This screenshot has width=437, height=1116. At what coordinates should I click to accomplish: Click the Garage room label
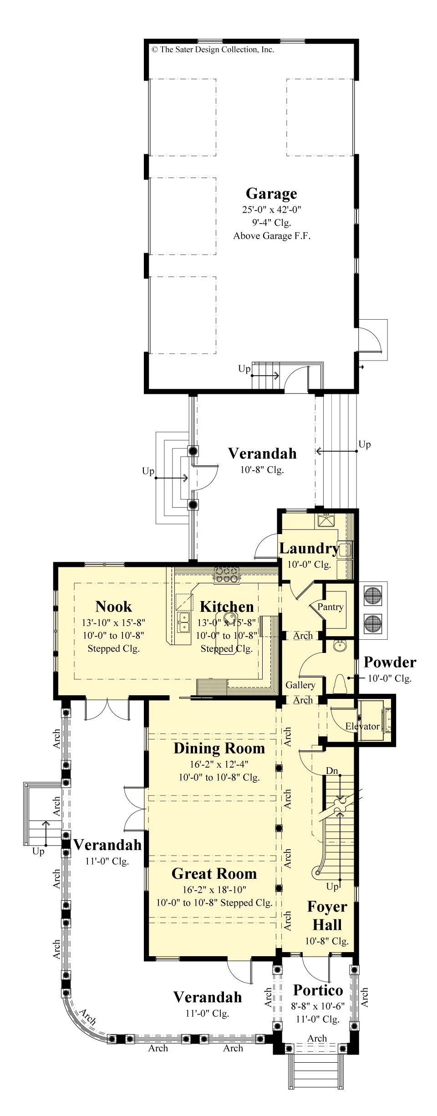coord(271,194)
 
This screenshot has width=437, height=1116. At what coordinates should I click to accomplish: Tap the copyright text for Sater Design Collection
coord(213,50)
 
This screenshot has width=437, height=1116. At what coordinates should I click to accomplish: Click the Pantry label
coord(330,606)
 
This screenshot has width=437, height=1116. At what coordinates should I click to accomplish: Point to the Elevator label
coord(362,726)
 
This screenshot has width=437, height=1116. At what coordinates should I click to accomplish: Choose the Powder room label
coord(390,662)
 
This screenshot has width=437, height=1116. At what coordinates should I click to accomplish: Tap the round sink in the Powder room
coord(339,646)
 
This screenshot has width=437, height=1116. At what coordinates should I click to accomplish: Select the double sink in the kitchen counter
coord(183,622)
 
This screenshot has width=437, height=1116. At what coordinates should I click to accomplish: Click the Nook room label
coord(114,606)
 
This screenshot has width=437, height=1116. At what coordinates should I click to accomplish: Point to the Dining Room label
coord(219,748)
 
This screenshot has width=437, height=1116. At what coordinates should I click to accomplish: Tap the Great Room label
coord(214,873)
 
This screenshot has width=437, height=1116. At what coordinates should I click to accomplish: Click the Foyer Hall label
coord(327,915)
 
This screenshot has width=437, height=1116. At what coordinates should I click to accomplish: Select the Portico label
coord(318,990)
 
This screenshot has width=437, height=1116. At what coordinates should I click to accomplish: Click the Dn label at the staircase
coord(332,770)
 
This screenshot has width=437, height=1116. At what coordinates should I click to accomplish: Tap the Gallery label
coord(300,685)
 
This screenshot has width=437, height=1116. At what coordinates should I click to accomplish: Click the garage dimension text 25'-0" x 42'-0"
coord(272,209)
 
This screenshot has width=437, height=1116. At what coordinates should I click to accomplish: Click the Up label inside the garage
coord(244,368)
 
